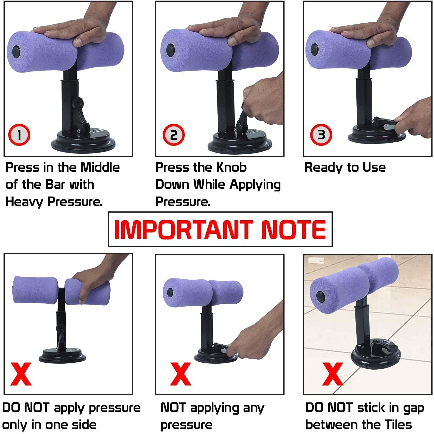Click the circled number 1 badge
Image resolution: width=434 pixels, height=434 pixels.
[19, 135]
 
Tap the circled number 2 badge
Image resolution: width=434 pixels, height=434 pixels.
[174, 135]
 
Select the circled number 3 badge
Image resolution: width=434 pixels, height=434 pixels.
[321, 135]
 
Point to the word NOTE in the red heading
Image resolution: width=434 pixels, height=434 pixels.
[294, 229]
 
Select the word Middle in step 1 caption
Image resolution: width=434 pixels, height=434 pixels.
[100, 167]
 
